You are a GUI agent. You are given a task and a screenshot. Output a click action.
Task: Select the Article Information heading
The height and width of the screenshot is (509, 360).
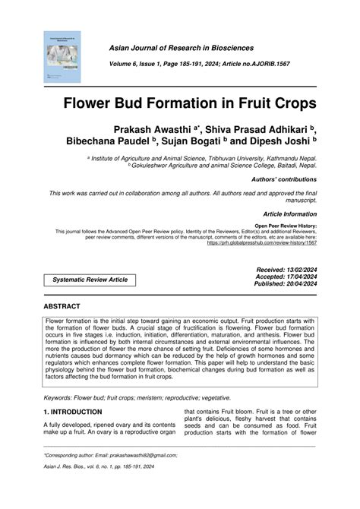click(x=288, y=215)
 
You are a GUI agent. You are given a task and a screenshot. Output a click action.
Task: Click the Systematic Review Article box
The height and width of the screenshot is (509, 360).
click(x=90, y=280)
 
